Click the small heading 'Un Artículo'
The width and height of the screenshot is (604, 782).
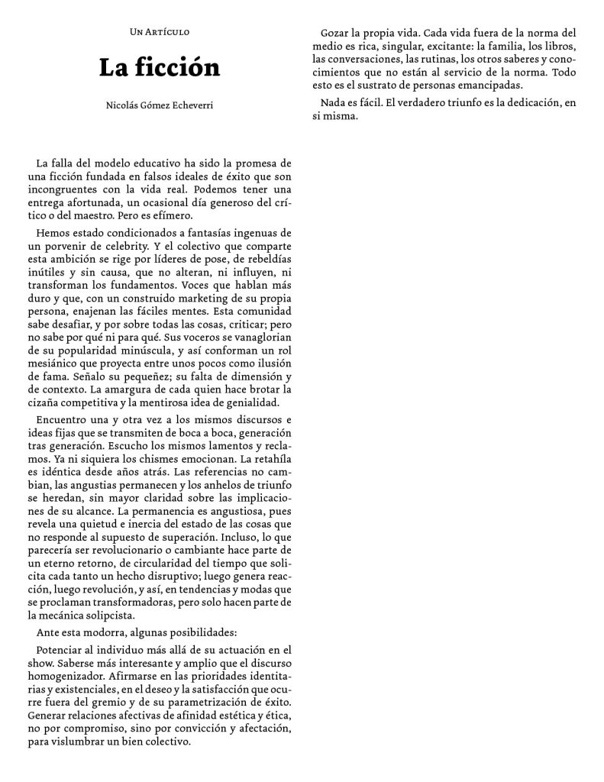coord(160,32)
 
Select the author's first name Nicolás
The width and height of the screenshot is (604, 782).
coord(123,106)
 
